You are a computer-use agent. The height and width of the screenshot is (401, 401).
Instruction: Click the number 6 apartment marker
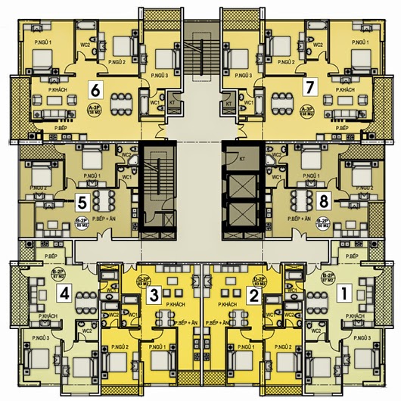[95, 89]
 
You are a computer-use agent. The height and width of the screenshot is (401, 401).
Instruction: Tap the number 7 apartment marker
[309, 86]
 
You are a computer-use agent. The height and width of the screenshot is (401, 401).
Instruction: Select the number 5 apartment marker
[82, 202]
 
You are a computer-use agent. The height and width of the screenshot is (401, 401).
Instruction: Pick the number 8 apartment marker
[323, 201]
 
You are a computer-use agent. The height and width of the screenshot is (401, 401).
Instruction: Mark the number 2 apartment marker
[255, 296]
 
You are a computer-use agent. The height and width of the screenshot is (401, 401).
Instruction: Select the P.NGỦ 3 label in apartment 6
[159, 76]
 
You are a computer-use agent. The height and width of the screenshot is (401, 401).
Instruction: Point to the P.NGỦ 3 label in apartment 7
[243, 76]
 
